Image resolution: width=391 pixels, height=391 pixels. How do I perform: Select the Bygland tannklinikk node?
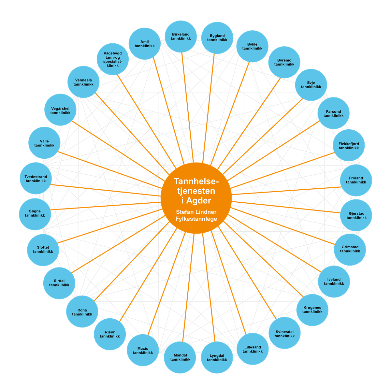217,38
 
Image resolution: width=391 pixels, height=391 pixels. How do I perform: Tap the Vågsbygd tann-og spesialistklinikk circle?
113,59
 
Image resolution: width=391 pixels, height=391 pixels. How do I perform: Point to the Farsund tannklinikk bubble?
333,113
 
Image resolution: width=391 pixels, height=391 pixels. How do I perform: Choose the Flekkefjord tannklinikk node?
349,146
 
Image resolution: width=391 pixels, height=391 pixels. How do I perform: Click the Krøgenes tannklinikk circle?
312,310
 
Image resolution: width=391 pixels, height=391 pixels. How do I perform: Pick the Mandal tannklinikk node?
180,357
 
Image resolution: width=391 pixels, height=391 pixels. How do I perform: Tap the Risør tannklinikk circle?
110,334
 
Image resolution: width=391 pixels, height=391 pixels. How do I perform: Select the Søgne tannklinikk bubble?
35,213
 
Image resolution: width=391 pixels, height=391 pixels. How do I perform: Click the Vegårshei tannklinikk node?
60,110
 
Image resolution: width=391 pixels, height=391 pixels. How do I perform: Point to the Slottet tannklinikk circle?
43,250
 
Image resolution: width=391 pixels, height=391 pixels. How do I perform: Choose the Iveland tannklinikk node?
334,282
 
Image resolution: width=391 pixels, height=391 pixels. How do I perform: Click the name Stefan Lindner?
196,212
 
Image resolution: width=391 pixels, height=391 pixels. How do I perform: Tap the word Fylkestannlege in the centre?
196,219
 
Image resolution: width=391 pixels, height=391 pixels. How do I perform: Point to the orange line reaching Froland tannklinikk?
287,191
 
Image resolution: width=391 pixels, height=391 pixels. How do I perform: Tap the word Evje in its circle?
311,83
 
